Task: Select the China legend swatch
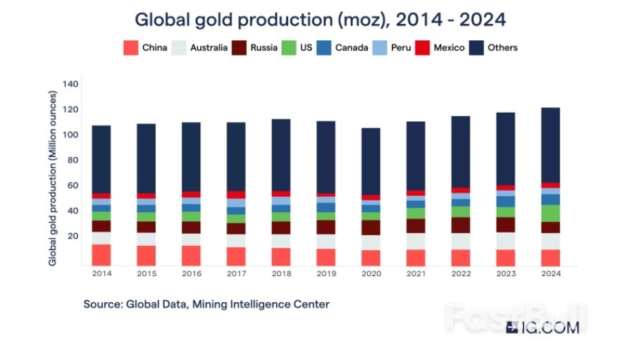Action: coord(130,48)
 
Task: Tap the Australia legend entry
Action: coord(201,48)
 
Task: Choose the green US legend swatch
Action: coord(289,48)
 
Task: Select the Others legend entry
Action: coord(495,48)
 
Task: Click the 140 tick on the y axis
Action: coord(71,84)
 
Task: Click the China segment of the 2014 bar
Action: coord(101,254)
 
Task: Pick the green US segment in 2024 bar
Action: coord(550,213)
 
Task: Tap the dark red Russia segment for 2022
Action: coord(460,225)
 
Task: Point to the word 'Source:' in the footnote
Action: coord(103,304)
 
